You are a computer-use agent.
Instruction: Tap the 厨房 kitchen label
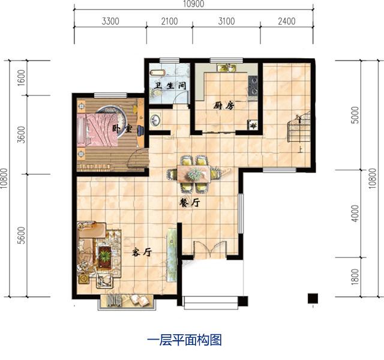223,105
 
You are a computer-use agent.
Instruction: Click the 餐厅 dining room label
190,203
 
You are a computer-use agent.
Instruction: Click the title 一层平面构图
185,340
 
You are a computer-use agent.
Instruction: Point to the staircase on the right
298,128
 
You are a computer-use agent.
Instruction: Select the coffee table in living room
106,256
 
